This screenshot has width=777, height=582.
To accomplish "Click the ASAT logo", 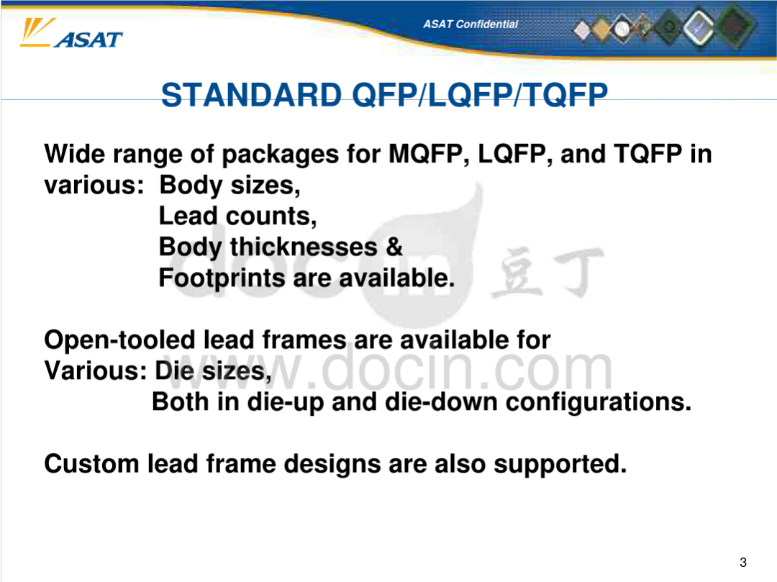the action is tap(71, 34).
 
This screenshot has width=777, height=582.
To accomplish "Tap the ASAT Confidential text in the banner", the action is tap(471, 24).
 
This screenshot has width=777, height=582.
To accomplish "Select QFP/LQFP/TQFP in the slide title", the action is tap(480, 95).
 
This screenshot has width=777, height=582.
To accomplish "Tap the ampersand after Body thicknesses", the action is tap(394, 247).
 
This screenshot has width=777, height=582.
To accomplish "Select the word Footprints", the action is tap(222, 278).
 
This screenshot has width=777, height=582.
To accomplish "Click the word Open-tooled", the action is tap(119, 340).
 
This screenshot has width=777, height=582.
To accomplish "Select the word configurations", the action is tap(598, 402).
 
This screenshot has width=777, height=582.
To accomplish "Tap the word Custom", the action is tap(91, 464).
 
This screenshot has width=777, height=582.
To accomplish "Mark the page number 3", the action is tap(742, 562).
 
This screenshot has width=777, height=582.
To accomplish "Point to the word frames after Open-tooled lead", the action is tap(304, 340).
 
